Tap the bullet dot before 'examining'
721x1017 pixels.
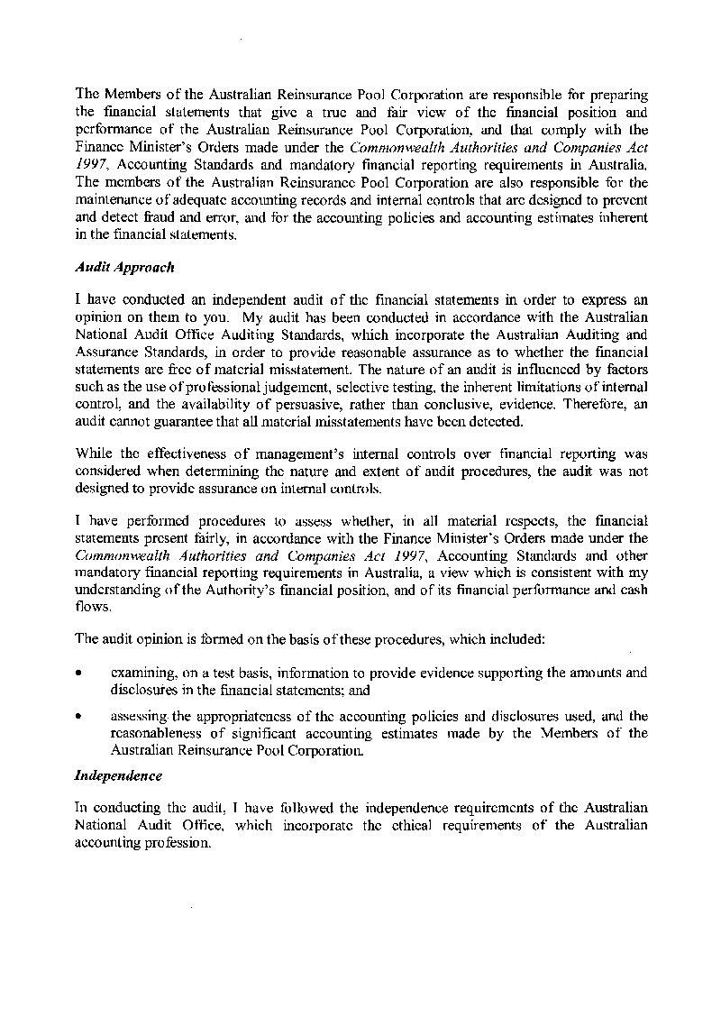point(81,673)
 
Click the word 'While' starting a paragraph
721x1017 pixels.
point(92,454)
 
